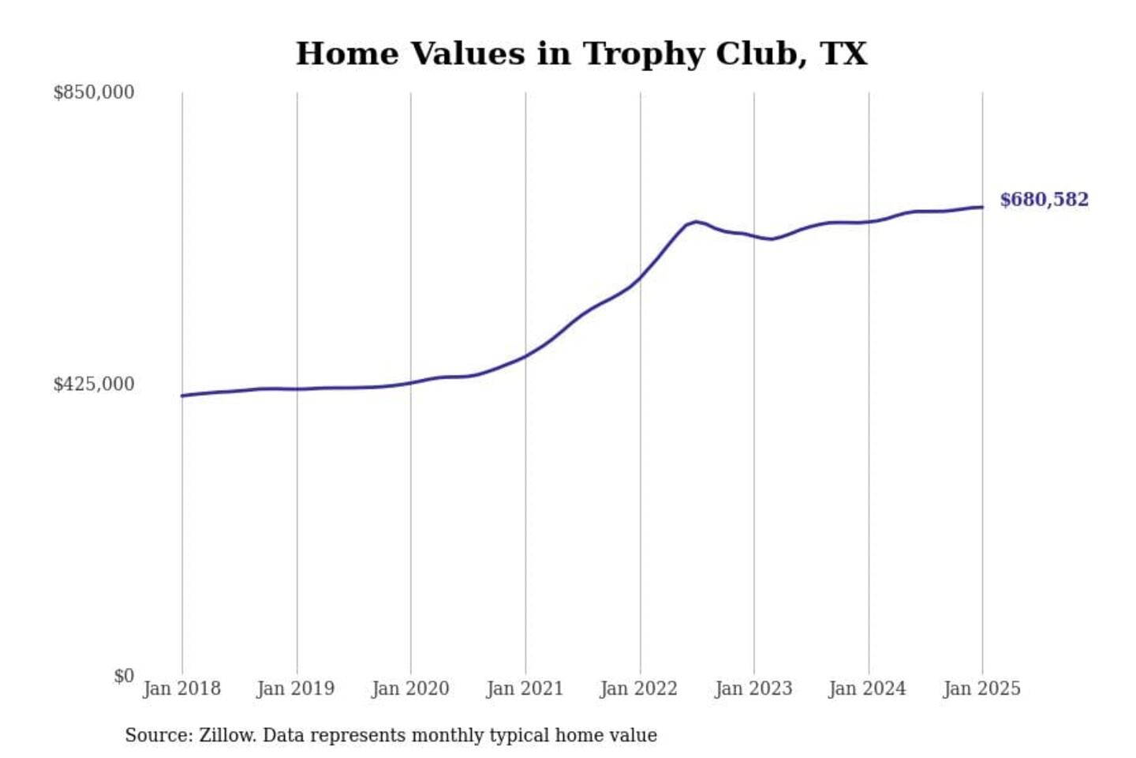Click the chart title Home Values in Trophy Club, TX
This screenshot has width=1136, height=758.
(581, 54)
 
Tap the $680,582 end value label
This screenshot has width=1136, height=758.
(1044, 200)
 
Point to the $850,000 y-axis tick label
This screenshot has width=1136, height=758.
(93, 92)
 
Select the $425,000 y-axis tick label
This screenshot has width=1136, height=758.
(93, 385)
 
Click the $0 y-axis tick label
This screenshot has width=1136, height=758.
(123, 676)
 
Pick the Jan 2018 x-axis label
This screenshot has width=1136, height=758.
(181, 689)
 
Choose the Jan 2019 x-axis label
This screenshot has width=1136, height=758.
(295, 689)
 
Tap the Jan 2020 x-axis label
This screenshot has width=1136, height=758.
(410, 689)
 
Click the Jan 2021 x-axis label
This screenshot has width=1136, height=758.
(525, 689)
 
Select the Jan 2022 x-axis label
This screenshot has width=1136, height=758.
(638, 689)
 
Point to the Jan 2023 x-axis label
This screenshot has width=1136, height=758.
(753, 689)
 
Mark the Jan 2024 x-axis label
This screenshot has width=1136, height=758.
(867, 689)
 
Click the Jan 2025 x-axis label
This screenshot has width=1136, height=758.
(981, 689)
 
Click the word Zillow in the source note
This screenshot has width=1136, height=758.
(226, 735)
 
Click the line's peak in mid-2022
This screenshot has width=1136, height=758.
(695, 221)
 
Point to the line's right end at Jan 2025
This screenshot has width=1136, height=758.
(982, 207)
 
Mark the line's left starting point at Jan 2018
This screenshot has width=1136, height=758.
(182, 396)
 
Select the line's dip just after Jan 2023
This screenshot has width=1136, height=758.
(772, 238)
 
